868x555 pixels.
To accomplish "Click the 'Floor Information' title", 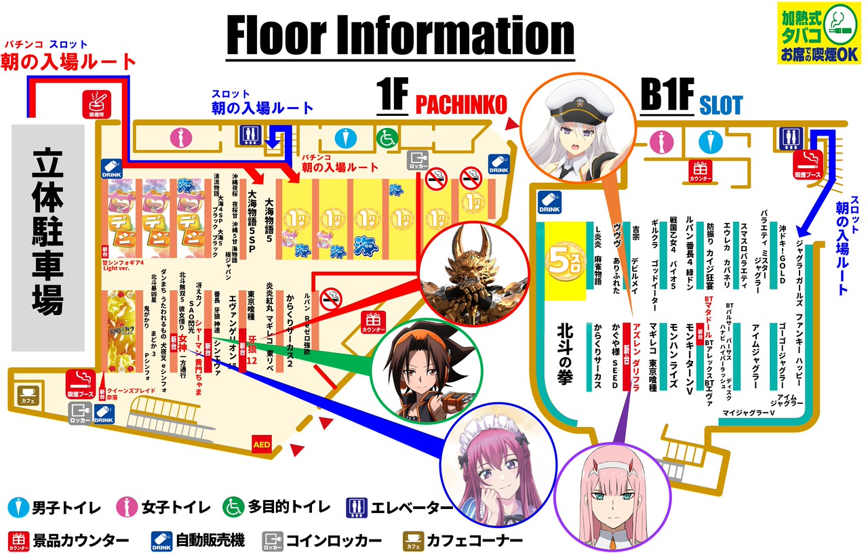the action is coord(400,35).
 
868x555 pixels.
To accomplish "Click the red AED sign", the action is coord(262,444).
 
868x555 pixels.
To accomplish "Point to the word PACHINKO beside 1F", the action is coord(461,104).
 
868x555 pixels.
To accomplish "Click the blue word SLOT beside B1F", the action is coord(722,105).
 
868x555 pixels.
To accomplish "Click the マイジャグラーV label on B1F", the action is coord(748,412).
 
